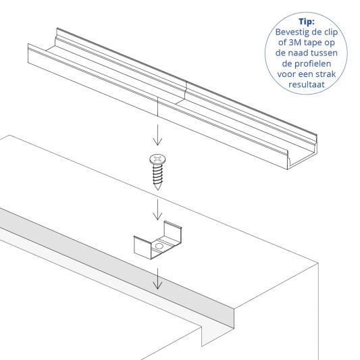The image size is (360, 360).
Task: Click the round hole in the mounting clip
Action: point(159,248)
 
